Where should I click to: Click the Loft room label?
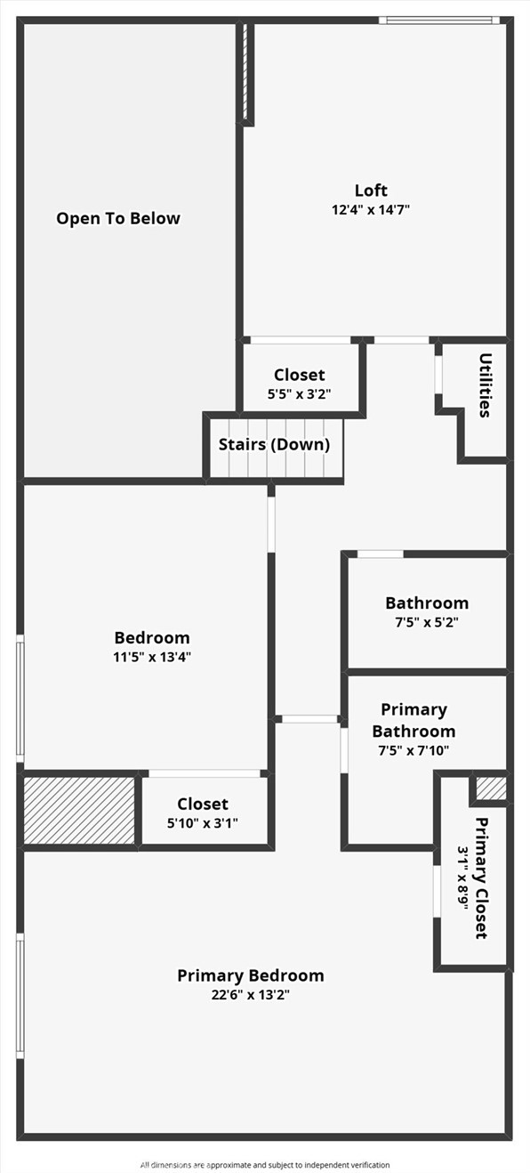(x=371, y=190)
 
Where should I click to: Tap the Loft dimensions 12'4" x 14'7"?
(x=371, y=210)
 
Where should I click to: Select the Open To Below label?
(x=118, y=218)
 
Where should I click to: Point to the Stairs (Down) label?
(x=274, y=444)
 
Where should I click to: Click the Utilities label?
(x=485, y=385)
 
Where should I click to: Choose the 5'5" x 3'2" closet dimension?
(x=299, y=395)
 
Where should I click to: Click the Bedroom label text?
(x=152, y=637)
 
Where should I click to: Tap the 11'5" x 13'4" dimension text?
(x=152, y=658)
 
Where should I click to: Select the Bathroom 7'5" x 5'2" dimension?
(x=427, y=623)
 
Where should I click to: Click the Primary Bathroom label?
(x=414, y=720)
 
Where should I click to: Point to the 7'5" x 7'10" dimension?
(x=414, y=750)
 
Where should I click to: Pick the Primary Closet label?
(x=481, y=878)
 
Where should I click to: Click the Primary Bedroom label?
(x=251, y=975)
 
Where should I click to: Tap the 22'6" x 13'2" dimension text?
(x=251, y=995)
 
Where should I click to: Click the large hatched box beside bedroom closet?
(x=79, y=810)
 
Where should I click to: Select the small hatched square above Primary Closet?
(x=491, y=788)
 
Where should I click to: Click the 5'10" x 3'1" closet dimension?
(x=203, y=823)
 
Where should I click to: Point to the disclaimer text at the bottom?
(x=265, y=1164)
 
